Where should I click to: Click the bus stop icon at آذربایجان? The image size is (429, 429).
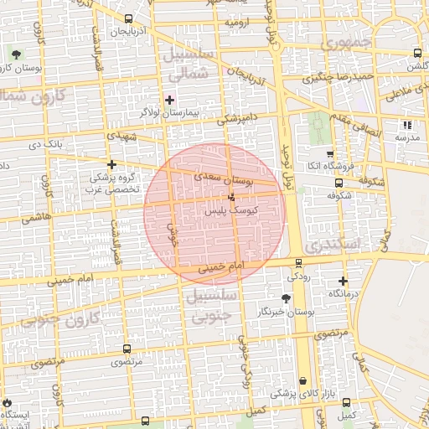pos(127,19)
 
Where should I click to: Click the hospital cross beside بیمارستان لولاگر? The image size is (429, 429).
pos(170,99)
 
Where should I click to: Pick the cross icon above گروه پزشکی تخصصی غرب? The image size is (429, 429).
pos(111,164)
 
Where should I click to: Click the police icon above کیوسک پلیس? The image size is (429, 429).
pos(231,198)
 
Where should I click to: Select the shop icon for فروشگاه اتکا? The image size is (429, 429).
pos(330,154)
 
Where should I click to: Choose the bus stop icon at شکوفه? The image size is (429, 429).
pos(338,183)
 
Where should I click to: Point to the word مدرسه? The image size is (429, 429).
pos(406,137)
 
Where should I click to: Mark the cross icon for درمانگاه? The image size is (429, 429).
pos(343,281)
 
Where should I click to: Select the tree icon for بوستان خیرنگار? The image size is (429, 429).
pos(287,298)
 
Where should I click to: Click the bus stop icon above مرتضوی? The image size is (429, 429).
pos(127,349)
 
